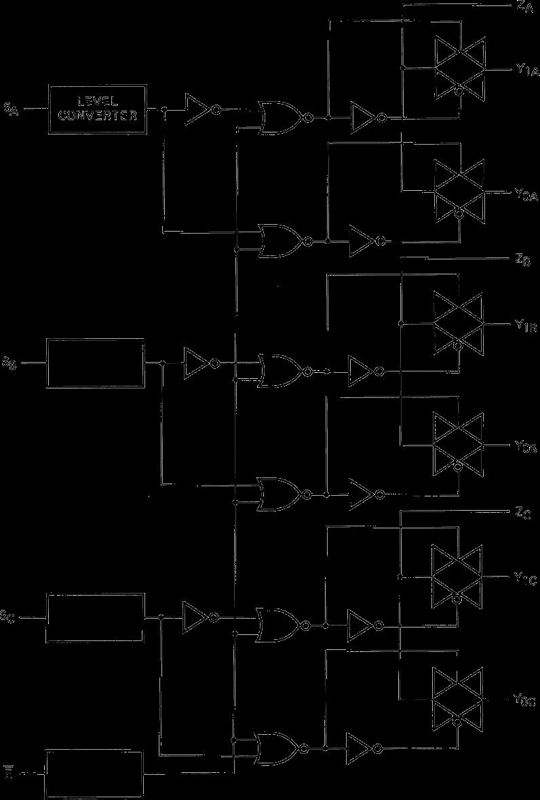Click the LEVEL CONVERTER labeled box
pos(97,109)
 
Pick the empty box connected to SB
pos(95,363)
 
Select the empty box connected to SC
pos(95,617)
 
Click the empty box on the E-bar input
pos(95,774)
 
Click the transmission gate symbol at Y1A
pos(460,69)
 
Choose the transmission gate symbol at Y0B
pos(459,446)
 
